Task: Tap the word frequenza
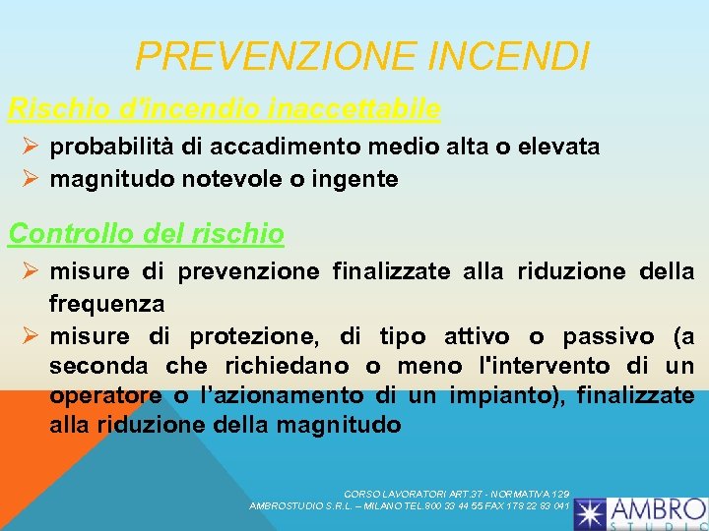point(106,303)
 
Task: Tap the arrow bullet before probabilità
point(30,147)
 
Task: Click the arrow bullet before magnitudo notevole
point(30,179)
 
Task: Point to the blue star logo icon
point(592,512)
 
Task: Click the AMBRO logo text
point(658,509)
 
